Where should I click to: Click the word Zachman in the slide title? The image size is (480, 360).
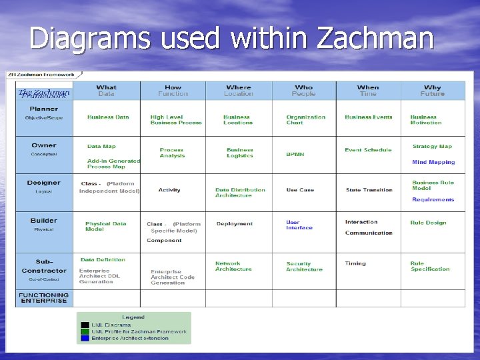[375, 38]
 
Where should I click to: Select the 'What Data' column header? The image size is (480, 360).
[106, 91]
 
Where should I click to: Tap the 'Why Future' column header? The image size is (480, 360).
[432, 91]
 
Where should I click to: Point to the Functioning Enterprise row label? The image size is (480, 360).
[43, 298]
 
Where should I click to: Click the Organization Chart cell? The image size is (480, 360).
[305, 119]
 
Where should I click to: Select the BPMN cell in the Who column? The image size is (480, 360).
[295, 154]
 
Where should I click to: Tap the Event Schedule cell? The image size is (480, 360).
[368, 150]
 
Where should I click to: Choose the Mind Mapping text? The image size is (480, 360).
[433, 162]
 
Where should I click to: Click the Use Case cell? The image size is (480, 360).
[300, 190]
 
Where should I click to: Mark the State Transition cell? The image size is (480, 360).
[369, 190]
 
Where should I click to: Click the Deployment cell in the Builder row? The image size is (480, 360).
[235, 224]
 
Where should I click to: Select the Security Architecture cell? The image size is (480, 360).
[304, 267]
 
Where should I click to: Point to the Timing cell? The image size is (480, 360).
[355, 263]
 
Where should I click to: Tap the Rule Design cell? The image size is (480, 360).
[428, 223]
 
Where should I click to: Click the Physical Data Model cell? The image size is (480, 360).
[105, 226]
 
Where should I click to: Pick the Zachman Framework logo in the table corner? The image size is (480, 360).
[43, 93]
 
